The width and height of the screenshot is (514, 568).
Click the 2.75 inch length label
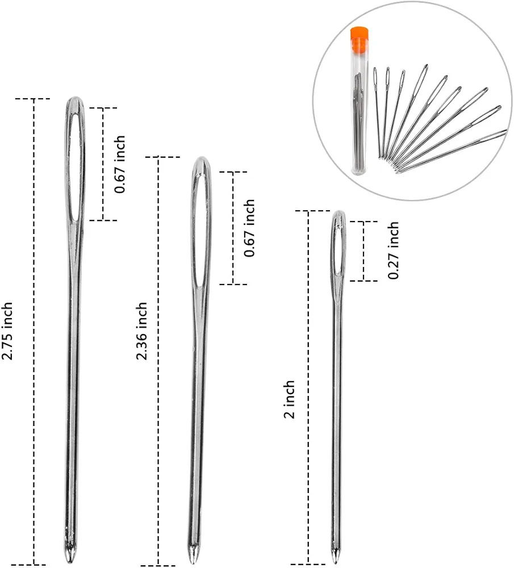click(7, 331)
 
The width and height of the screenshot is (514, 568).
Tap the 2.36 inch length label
click(142, 331)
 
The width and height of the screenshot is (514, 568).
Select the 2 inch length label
click(290, 399)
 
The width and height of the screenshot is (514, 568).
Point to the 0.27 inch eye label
click(394, 250)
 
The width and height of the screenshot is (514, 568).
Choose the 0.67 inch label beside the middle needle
click(249, 228)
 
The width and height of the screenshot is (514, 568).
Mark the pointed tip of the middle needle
click(193, 554)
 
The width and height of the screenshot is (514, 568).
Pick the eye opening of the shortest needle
click(339, 250)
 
